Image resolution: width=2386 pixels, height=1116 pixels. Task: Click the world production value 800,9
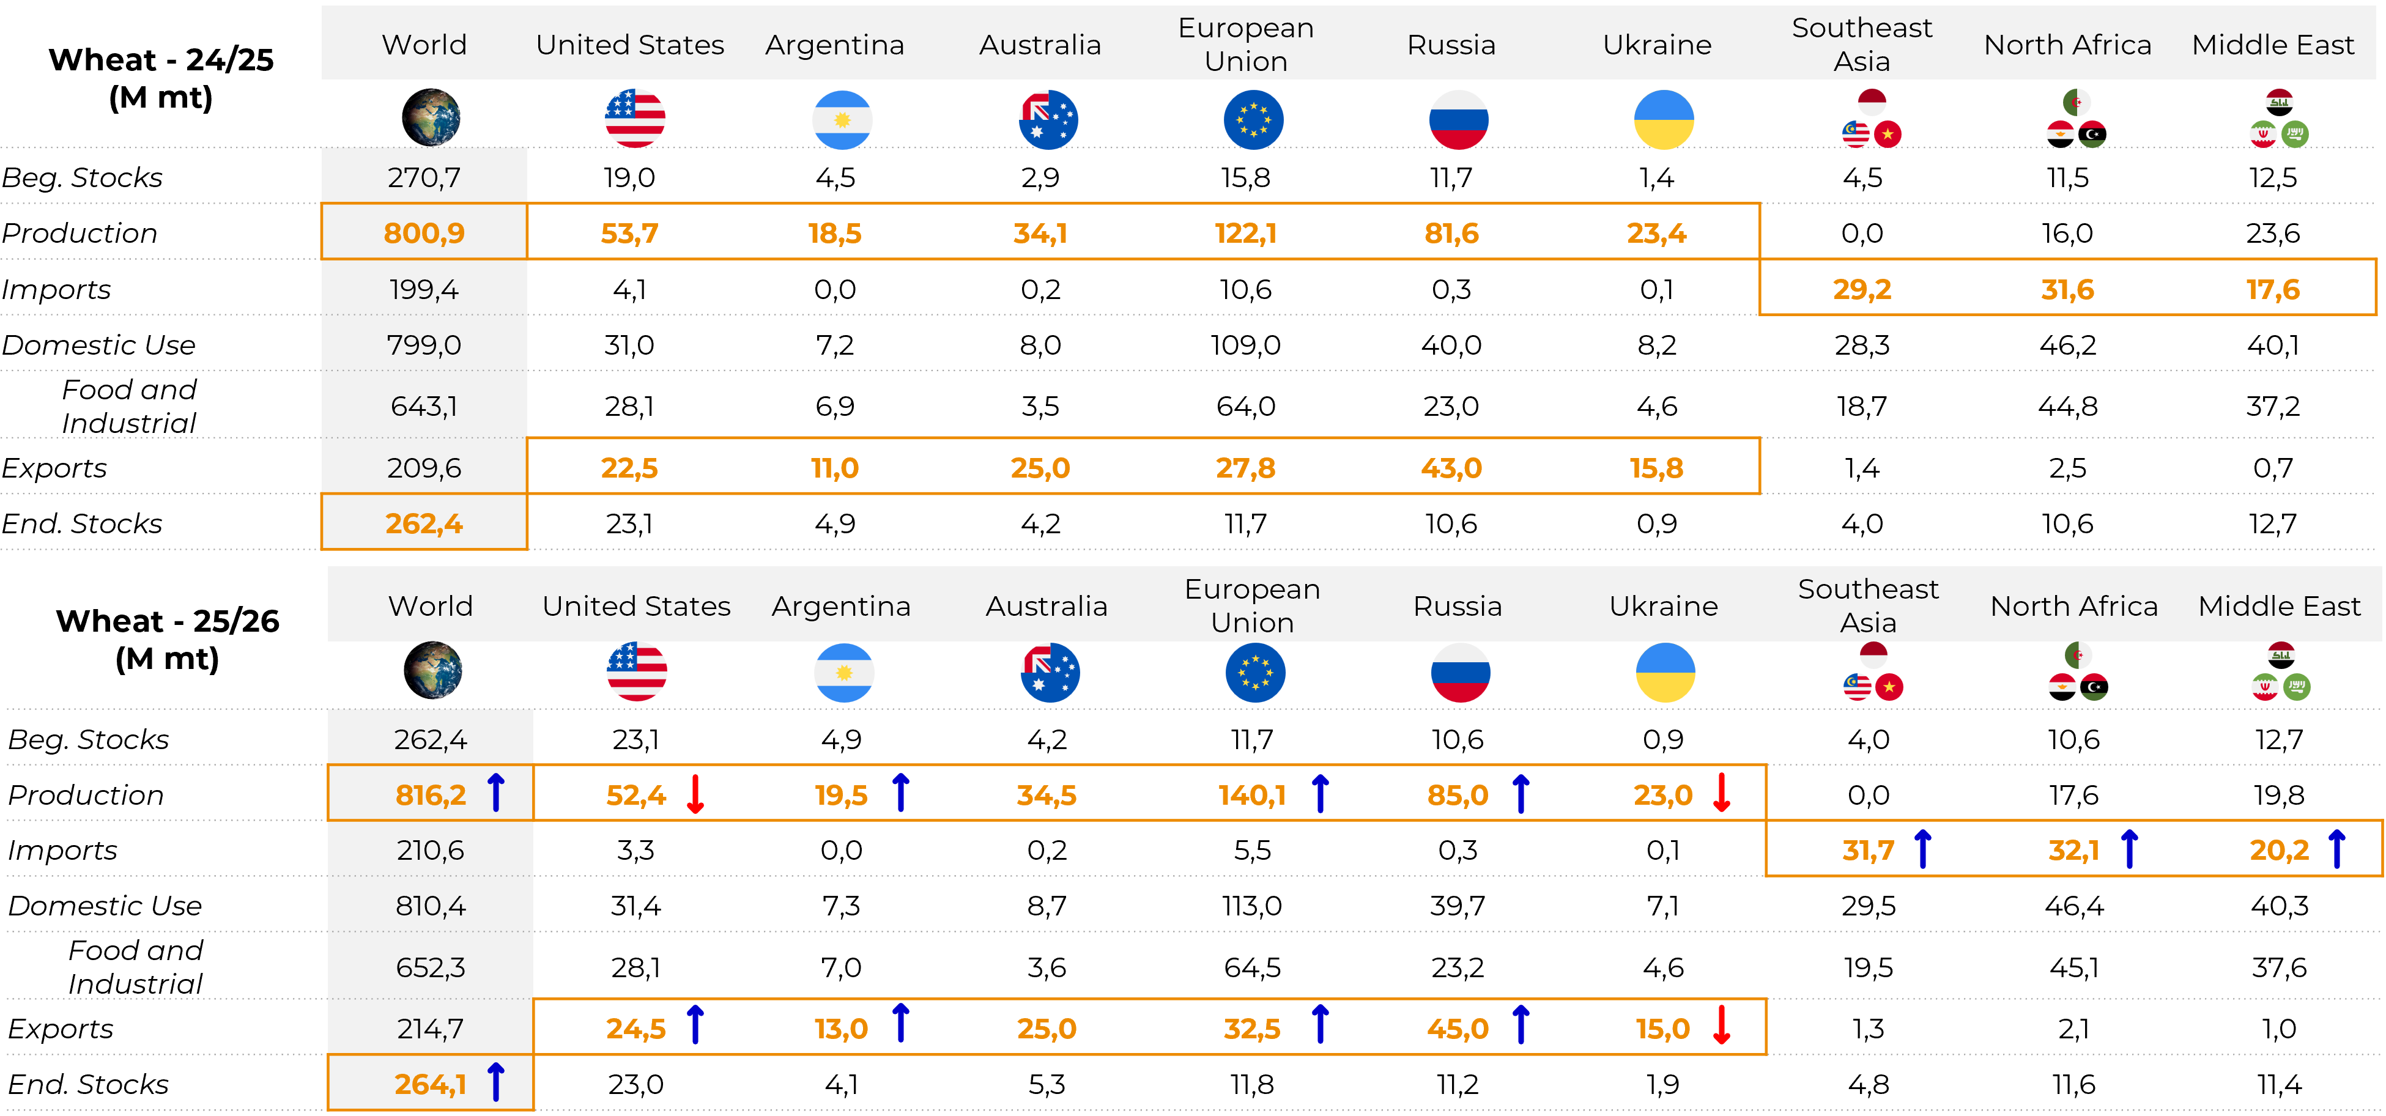pyautogui.click(x=424, y=234)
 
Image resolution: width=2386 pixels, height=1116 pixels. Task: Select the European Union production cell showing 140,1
pyautogui.click(x=1251, y=796)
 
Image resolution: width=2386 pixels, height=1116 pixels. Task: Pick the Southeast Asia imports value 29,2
pyautogui.click(x=1862, y=290)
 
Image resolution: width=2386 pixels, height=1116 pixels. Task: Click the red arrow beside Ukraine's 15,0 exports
pyautogui.click(x=1722, y=1025)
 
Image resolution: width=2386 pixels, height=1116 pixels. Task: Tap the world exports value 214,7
pyautogui.click(x=431, y=1029)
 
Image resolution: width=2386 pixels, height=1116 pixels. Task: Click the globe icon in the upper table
pyautogui.click(x=431, y=117)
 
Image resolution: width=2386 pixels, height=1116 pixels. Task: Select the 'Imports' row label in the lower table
pyautogui.click(x=63, y=850)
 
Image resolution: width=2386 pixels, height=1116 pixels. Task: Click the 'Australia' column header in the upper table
pyautogui.click(x=1040, y=45)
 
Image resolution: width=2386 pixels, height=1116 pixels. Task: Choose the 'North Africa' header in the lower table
pyautogui.click(x=2074, y=605)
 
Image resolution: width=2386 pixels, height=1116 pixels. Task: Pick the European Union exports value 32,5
pyautogui.click(x=1251, y=1029)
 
